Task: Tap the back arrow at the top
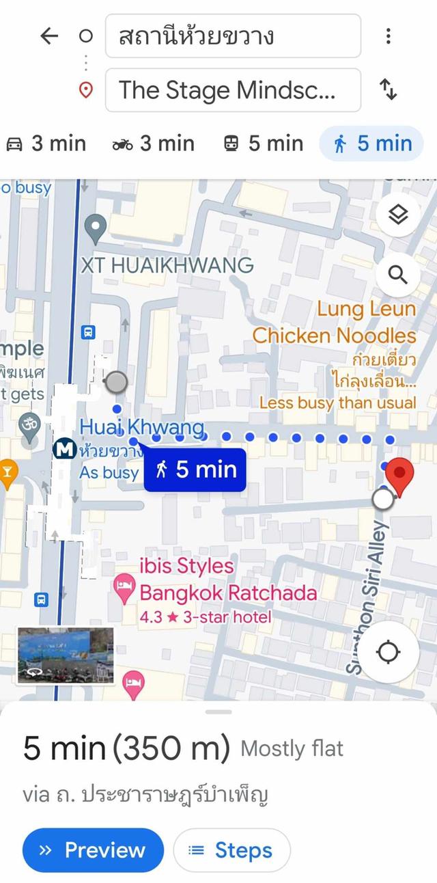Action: coord(49,36)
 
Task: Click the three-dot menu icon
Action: coord(388,36)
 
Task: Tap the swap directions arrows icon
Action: coord(388,90)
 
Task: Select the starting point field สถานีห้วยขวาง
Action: coord(232,36)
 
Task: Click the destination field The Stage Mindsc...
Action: coord(232,90)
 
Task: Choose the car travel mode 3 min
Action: coord(46,144)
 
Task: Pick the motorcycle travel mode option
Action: coord(154,144)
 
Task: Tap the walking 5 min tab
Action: coord(372,144)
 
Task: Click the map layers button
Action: coord(397,215)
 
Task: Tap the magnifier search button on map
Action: coord(397,275)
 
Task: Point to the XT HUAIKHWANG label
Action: coord(167,264)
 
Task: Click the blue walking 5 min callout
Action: coord(195,470)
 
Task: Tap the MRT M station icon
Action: coord(65,450)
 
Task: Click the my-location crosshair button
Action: coord(389,652)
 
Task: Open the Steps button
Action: coord(231,850)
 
